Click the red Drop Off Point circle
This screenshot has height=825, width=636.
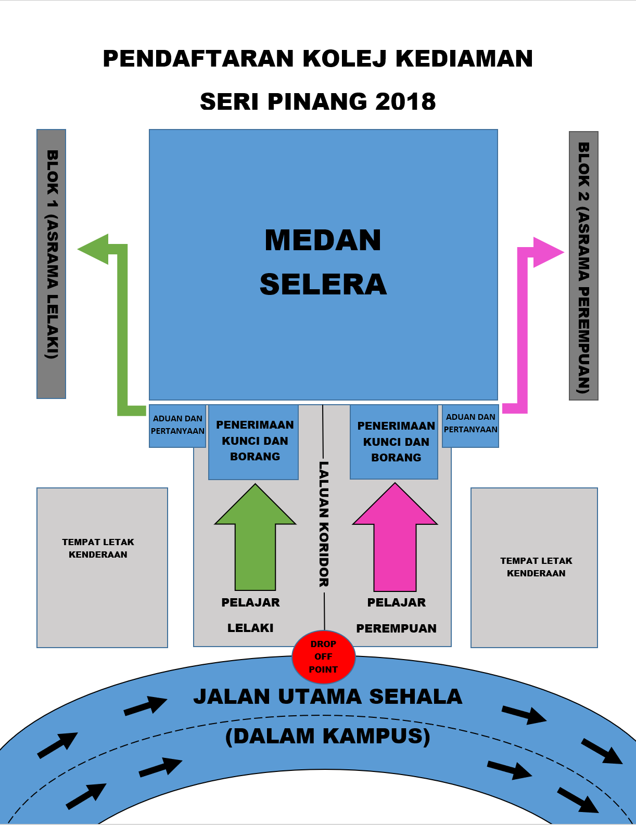coord(324,657)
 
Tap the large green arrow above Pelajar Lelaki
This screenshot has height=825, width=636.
coord(255,537)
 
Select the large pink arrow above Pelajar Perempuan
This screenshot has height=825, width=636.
coord(395,537)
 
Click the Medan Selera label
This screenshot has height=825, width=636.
coord(323,262)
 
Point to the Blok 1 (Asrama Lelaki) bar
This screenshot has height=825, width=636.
coord(51,264)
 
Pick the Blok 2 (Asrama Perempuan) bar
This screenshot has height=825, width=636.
coord(583,266)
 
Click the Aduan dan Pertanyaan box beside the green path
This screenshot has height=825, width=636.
coord(177,426)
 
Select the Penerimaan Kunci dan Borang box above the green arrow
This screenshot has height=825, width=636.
coord(253,442)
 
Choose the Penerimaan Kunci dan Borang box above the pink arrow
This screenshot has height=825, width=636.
coord(394,442)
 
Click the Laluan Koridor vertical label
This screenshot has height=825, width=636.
coord(324,524)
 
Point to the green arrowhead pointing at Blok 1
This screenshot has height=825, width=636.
coord(93,249)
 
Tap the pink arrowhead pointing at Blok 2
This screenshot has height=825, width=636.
coord(549,252)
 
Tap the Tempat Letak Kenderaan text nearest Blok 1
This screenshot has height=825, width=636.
coord(98,548)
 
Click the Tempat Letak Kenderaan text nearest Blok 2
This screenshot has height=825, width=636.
coord(536,567)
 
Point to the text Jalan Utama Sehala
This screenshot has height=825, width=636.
coord(328,697)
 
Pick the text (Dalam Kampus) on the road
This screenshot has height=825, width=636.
coord(328,736)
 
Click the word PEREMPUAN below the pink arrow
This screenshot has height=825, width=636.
coord(397,628)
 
